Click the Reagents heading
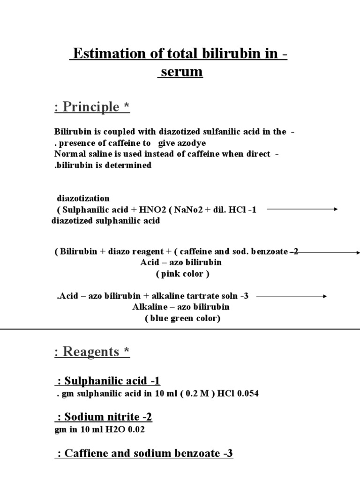coord(92,352)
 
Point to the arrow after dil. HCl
coord(302,210)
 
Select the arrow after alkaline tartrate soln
coord(291,296)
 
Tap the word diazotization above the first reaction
coord(83,198)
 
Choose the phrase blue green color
coord(182,318)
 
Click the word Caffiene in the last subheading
coord(87,453)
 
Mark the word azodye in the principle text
coord(189,143)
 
